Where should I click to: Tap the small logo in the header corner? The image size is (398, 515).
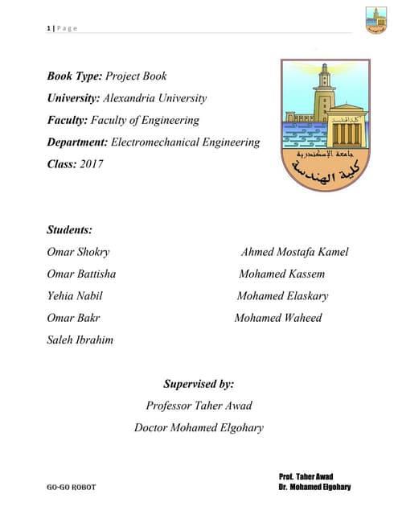(375, 20)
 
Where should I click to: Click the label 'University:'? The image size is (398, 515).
(74, 98)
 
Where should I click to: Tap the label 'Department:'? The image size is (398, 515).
(77, 142)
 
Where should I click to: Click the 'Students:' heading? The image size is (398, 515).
(70, 230)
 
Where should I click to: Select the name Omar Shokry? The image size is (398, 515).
(78, 252)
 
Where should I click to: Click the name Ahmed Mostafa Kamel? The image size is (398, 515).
(294, 252)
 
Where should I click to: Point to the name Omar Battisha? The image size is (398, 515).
(81, 274)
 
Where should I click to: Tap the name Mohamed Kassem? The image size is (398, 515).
(281, 274)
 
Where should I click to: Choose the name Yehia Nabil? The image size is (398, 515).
(75, 295)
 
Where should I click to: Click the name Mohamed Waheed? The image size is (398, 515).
(277, 317)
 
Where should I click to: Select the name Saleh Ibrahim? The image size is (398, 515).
(80, 340)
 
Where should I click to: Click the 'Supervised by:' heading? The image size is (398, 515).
(199, 384)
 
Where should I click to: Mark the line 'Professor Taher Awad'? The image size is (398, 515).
(199, 406)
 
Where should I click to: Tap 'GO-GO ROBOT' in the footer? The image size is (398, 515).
(73, 488)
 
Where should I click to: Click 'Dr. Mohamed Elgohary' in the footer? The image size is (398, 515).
(314, 488)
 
